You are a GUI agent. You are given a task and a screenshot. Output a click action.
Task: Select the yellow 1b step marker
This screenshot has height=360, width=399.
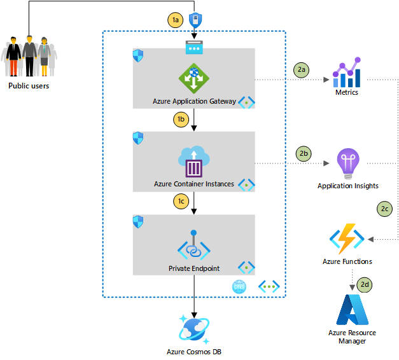[x=181, y=118]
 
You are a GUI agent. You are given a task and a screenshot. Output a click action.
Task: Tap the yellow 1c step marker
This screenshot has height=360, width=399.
[x=181, y=201]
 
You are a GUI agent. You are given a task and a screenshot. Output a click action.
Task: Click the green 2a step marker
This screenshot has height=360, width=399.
[x=301, y=69]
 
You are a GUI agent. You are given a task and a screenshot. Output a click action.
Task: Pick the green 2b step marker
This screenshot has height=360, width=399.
[x=304, y=153]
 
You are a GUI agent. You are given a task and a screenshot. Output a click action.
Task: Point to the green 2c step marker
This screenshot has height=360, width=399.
[x=384, y=208]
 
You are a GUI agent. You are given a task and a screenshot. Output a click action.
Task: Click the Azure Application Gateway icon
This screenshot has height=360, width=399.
[x=193, y=78]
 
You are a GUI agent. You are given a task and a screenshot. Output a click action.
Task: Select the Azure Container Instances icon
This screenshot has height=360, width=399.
[x=193, y=161]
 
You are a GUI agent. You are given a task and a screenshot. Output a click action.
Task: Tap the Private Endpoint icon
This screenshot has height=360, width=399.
[x=193, y=246]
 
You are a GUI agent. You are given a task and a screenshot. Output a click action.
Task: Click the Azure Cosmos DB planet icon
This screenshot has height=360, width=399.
[x=193, y=329]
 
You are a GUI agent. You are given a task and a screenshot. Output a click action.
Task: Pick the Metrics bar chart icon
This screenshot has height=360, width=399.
[x=347, y=73]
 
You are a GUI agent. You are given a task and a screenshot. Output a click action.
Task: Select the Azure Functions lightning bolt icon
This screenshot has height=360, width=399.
[x=347, y=239]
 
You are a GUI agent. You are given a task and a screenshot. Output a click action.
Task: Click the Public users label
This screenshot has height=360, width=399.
[x=29, y=86]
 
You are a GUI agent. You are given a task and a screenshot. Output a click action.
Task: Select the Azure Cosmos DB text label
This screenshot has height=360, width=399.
[x=193, y=352]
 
